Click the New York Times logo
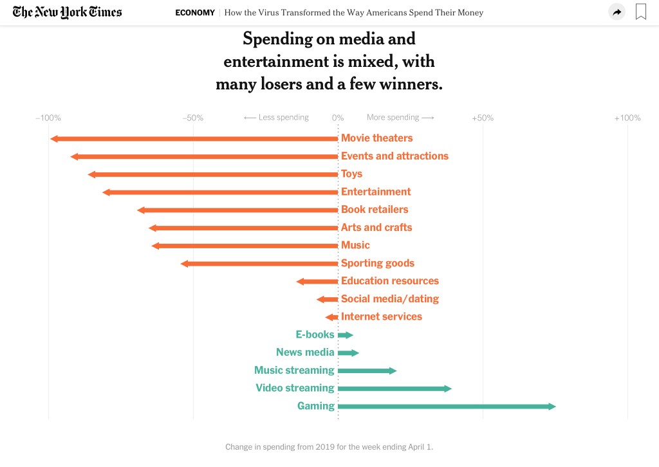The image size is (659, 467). point(67,12)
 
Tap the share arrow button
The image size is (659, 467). point(617,12)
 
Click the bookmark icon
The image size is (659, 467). point(640,12)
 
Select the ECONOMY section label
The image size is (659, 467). point(195,13)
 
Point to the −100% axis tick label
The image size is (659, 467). point(48,118)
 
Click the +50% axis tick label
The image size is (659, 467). point(483,118)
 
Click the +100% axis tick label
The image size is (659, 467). point(627,118)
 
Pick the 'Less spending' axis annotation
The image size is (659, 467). point(277,118)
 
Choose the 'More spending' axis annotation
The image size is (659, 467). point(400,118)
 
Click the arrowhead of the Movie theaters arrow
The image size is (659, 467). point(54,139)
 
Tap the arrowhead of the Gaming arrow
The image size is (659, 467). point(552,407)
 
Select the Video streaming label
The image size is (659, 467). point(295,388)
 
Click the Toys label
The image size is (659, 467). point(351,174)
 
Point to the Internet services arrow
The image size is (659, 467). point(331,317)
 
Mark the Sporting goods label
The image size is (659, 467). point(377,263)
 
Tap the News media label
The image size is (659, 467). point(305,352)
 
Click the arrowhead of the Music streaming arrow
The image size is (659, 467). point(393,371)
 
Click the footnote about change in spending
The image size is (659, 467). point(329,446)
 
